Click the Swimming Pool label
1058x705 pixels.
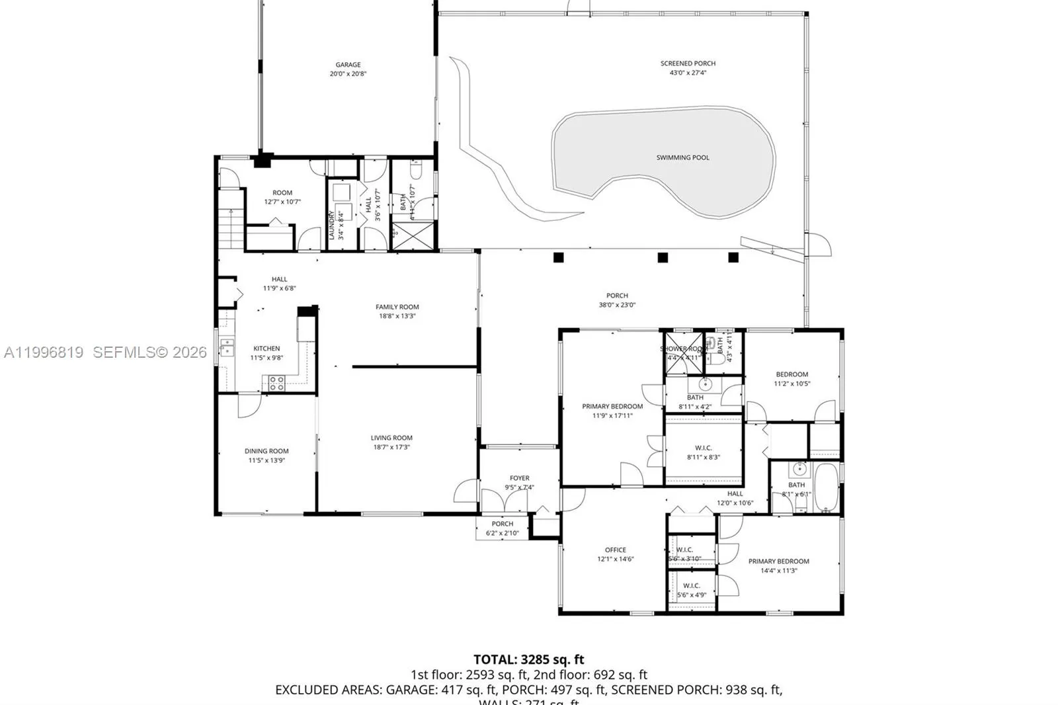(x=682, y=157)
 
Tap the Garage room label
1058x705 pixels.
(x=348, y=65)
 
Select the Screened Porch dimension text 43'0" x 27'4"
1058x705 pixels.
(x=688, y=73)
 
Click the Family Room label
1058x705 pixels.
(x=397, y=307)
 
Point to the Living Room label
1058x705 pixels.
(x=391, y=438)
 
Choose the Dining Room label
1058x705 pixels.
(x=266, y=451)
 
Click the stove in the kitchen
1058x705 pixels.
(x=275, y=382)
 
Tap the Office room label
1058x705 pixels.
(x=615, y=550)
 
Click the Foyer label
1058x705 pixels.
(x=519, y=478)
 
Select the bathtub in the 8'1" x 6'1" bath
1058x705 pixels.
(x=825, y=488)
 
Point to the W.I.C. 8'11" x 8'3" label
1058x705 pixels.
(x=703, y=448)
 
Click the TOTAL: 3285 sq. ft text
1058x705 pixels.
(x=528, y=659)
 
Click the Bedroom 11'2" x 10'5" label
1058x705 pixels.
(x=792, y=374)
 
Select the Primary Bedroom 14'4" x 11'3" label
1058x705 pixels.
(x=778, y=561)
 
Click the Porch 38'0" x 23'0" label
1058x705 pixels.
(x=617, y=296)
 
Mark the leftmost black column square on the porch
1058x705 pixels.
(x=559, y=257)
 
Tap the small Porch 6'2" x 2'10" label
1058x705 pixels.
(x=502, y=524)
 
